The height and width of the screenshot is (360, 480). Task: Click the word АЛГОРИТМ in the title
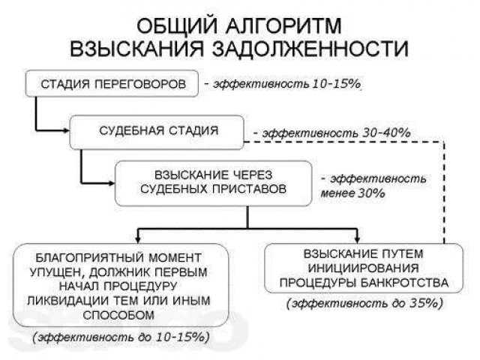click(283, 26)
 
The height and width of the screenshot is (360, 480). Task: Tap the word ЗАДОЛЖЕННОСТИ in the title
click(310, 48)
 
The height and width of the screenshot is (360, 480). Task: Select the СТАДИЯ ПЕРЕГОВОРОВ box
click(112, 84)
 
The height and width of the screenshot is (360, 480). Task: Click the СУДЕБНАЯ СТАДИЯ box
click(157, 132)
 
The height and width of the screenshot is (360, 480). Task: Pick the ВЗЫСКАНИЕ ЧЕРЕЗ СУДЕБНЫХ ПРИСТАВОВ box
click(213, 183)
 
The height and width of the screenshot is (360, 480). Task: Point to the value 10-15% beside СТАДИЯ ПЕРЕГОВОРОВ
click(337, 83)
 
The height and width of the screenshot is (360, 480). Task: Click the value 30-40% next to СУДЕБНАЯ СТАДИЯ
click(386, 133)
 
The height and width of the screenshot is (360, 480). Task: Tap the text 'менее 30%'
click(352, 193)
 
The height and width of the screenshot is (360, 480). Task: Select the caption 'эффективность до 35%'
click(364, 303)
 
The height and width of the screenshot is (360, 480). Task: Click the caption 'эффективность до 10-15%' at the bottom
click(121, 337)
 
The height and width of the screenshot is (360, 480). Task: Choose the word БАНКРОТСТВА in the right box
click(404, 283)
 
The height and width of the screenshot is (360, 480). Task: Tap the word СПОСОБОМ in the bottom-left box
click(118, 315)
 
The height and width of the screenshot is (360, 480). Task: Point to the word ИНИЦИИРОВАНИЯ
click(363, 268)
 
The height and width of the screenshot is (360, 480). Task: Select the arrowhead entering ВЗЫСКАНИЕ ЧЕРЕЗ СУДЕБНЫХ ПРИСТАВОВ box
click(111, 183)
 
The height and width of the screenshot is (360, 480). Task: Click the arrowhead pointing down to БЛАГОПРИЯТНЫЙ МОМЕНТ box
click(138, 240)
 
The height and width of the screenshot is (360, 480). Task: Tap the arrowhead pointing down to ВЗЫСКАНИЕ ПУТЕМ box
click(357, 240)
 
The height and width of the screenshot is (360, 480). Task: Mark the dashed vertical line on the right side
click(444, 192)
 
